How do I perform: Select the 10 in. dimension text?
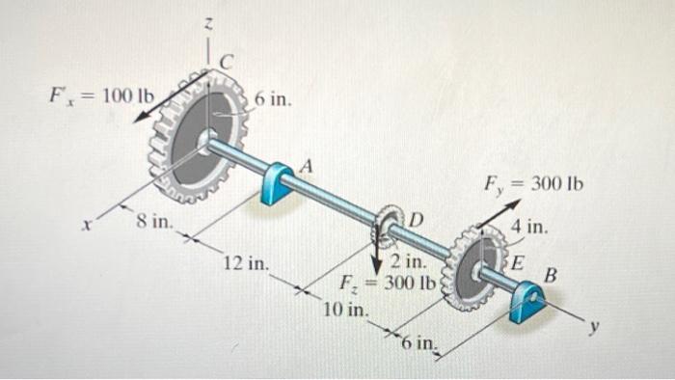(x=345, y=310)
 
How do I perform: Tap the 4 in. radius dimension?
(x=530, y=229)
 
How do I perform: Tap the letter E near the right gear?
(x=518, y=260)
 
